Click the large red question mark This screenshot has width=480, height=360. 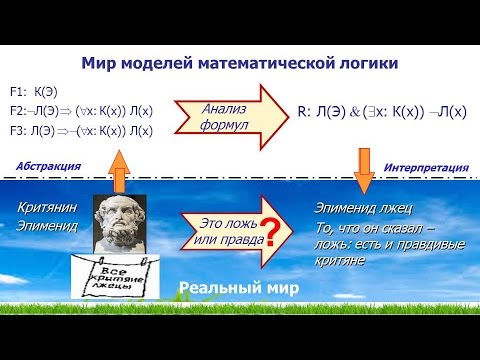point(267,237)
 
